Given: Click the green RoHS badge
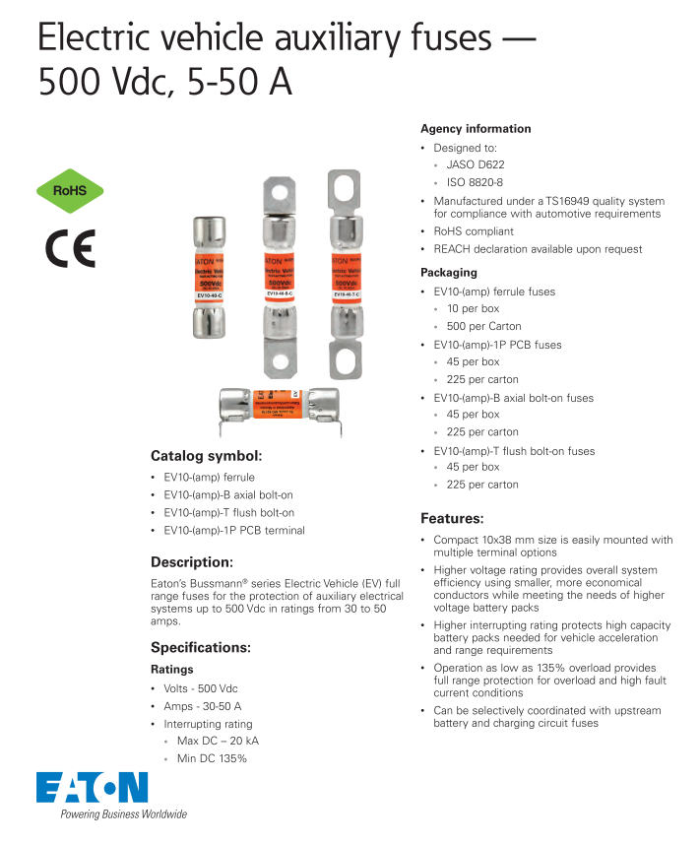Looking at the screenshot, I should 70,191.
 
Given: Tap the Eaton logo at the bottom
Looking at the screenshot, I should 92,787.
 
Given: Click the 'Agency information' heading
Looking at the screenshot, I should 476,129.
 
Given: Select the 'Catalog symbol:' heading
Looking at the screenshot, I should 206,456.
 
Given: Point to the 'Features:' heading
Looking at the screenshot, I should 452,518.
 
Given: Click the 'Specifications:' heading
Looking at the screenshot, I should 201,647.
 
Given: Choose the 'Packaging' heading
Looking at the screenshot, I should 449,272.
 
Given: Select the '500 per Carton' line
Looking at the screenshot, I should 483,326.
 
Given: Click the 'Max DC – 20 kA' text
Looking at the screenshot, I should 218,741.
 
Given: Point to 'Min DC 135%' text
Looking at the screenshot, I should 212,758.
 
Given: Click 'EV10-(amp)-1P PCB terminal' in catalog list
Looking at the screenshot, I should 234,530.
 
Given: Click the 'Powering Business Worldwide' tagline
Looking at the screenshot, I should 124,814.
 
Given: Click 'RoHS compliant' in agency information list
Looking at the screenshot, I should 474,231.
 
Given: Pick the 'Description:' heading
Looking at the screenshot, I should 191,562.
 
